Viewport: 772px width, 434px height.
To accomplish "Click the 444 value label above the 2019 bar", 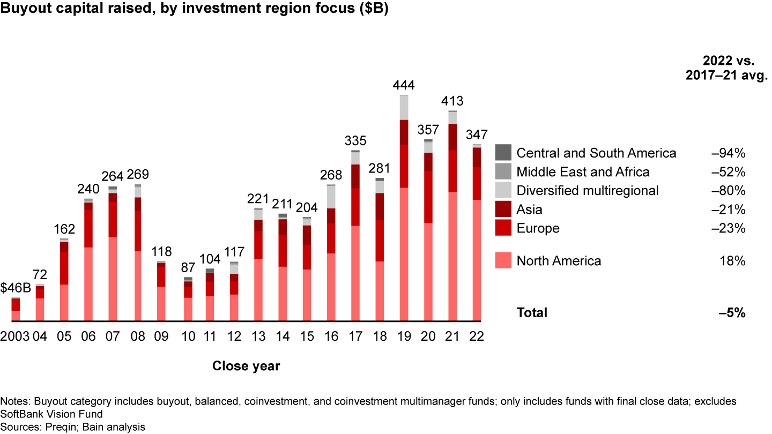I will click(x=404, y=85).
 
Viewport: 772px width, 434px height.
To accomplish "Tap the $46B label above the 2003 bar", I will click(x=15, y=288).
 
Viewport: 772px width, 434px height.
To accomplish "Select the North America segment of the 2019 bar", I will click(x=404, y=255).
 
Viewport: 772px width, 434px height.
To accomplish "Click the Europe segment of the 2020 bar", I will click(x=428, y=197).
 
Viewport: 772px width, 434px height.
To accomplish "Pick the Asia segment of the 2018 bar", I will click(x=380, y=206).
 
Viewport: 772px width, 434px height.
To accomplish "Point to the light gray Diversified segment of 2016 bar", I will click(x=331, y=197).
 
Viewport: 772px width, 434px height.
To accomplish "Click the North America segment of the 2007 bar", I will click(x=113, y=279).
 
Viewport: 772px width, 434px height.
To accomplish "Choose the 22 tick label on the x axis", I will click(x=477, y=336).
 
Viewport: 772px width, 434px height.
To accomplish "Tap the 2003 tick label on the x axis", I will click(x=14, y=336).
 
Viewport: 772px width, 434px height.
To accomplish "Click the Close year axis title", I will click(x=246, y=366).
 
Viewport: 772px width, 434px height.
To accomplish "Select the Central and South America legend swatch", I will click(x=503, y=153).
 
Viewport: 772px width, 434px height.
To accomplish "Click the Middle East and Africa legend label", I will click(x=583, y=172).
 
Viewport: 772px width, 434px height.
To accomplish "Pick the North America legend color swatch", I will click(x=503, y=260).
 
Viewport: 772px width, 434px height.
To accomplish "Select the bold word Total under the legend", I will click(x=532, y=313).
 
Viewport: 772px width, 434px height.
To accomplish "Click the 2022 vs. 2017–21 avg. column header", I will click(x=726, y=68).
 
